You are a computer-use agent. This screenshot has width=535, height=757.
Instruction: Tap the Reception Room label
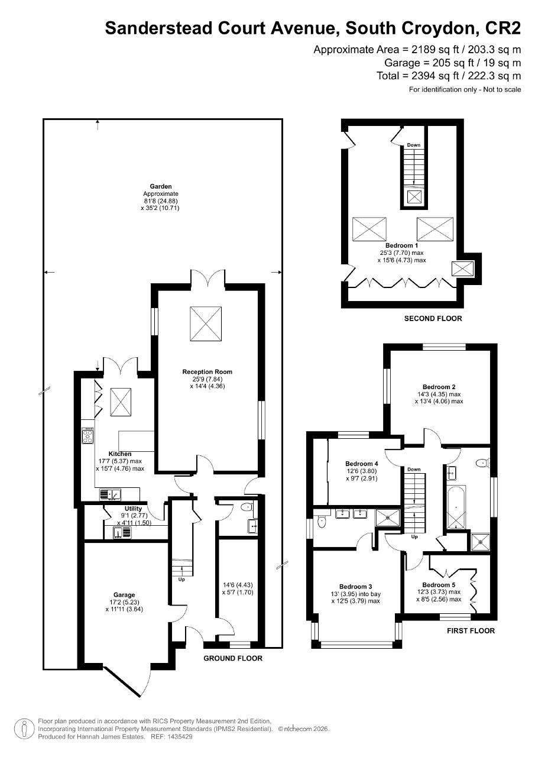coord(207,372)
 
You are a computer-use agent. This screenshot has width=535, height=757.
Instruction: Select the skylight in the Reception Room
coord(206,323)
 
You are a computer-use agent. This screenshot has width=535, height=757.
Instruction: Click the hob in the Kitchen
coord(87,436)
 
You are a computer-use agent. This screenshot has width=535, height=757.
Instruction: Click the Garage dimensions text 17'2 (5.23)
coord(124,602)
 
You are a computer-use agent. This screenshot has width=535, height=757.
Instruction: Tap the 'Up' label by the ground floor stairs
coord(181,580)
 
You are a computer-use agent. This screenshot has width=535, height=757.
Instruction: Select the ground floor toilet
coord(247,507)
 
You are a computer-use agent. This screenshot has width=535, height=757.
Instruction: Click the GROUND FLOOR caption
coord(233,658)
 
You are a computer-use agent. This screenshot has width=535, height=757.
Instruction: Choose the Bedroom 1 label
coord(401,245)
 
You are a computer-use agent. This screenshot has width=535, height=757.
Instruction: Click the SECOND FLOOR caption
coord(433,319)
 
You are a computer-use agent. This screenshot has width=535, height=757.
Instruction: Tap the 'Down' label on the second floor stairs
coord(414,145)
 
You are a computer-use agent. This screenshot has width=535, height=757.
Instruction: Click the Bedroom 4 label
coord(361,464)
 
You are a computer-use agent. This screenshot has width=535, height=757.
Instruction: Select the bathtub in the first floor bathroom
coord(455,507)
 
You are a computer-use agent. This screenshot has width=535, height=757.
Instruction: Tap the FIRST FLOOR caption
coord(471,631)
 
